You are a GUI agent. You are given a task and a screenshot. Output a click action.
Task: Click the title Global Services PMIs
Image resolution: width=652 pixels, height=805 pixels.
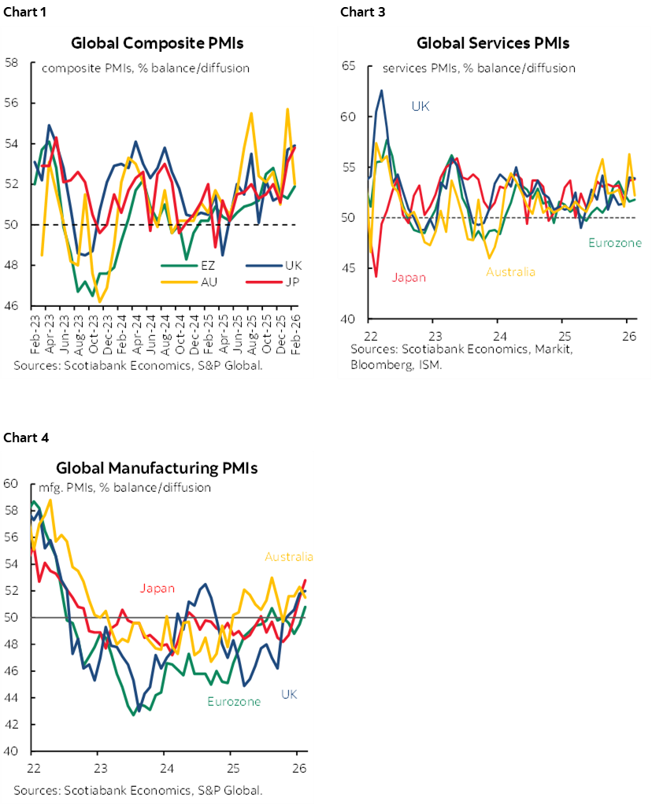493,42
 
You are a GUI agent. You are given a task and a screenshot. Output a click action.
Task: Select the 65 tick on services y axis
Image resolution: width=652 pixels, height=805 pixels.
350,66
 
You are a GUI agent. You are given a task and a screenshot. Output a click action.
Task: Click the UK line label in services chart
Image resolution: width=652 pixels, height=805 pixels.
420,105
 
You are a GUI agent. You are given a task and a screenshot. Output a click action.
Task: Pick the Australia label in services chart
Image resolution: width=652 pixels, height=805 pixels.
510,271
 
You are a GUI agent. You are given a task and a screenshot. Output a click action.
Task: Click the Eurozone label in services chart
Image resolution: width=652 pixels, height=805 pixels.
614,243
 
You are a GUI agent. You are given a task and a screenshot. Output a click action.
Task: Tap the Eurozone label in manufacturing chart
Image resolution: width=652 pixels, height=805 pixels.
233,701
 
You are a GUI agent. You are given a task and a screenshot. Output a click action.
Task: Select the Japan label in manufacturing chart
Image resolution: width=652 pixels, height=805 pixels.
157,588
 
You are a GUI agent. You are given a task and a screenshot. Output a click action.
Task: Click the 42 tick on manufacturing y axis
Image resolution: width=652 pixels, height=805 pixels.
10,724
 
